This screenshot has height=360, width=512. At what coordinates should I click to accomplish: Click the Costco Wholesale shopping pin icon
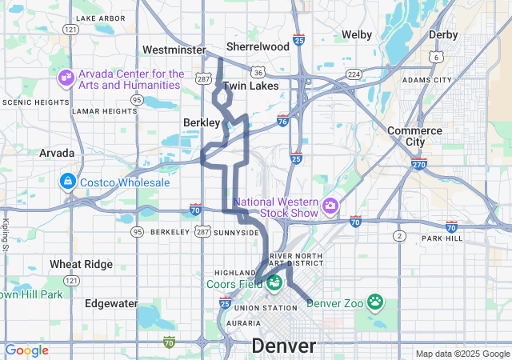coord(67,182)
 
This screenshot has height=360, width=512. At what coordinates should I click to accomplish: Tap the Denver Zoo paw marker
coord(375,302)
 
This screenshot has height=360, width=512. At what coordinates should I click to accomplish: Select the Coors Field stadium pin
coord(274,283)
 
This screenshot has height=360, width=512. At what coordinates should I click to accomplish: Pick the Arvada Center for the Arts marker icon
coord(66,79)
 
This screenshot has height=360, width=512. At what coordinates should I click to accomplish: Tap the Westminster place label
coord(174,50)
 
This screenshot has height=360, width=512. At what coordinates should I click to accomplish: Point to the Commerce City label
coord(414,136)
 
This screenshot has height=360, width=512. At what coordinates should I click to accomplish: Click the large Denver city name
coord(283,346)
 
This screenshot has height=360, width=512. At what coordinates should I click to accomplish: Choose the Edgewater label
coord(111,304)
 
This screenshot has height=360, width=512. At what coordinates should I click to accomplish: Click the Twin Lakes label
coord(250,86)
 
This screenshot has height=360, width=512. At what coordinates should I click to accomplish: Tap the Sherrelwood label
coord(258,46)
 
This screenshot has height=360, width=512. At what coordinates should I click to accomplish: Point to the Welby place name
coord(357,34)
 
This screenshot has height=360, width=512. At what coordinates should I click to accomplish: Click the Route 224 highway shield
coord(353,74)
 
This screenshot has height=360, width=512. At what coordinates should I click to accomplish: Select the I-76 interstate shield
coord(282,119)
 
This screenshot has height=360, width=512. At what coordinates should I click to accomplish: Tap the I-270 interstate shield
coord(418,165)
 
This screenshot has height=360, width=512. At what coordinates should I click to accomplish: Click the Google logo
coord(27,350)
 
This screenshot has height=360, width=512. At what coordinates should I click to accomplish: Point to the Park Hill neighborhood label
coord(442,238)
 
